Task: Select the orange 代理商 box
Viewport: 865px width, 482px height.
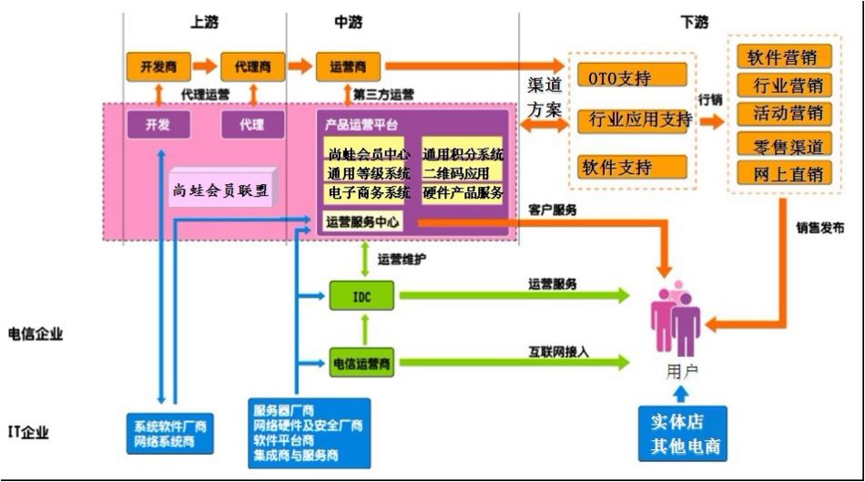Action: pyautogui.click(x=246, y=67)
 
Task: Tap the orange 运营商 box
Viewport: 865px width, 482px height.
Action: pyautogui.click(x=347, y=67)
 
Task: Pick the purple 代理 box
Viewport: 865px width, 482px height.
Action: pyautogui.click(x=251, y=124)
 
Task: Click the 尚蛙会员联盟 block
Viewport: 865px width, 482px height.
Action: pyautogui.click(x=222, y=190)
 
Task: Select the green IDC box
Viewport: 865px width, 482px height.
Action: pyautogui.click(x=361, y=295)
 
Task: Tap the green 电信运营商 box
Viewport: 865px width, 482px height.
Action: pyautogui.click(x=361, y=364)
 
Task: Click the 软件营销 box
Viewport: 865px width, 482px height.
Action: pyautogui.click(x=784, y=57)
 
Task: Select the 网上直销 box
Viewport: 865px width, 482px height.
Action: pyautogui.click(x=784, y=173)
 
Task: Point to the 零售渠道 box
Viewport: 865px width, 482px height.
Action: pyautogui.click(x=784, y=145)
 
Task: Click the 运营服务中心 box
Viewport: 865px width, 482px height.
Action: pyautogui.click(x=363, y=221)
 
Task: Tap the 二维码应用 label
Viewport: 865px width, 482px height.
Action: pyautogui.click(x=457, y=173)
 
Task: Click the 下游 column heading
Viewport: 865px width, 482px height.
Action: pyautogui.click(x=694, y=20)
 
